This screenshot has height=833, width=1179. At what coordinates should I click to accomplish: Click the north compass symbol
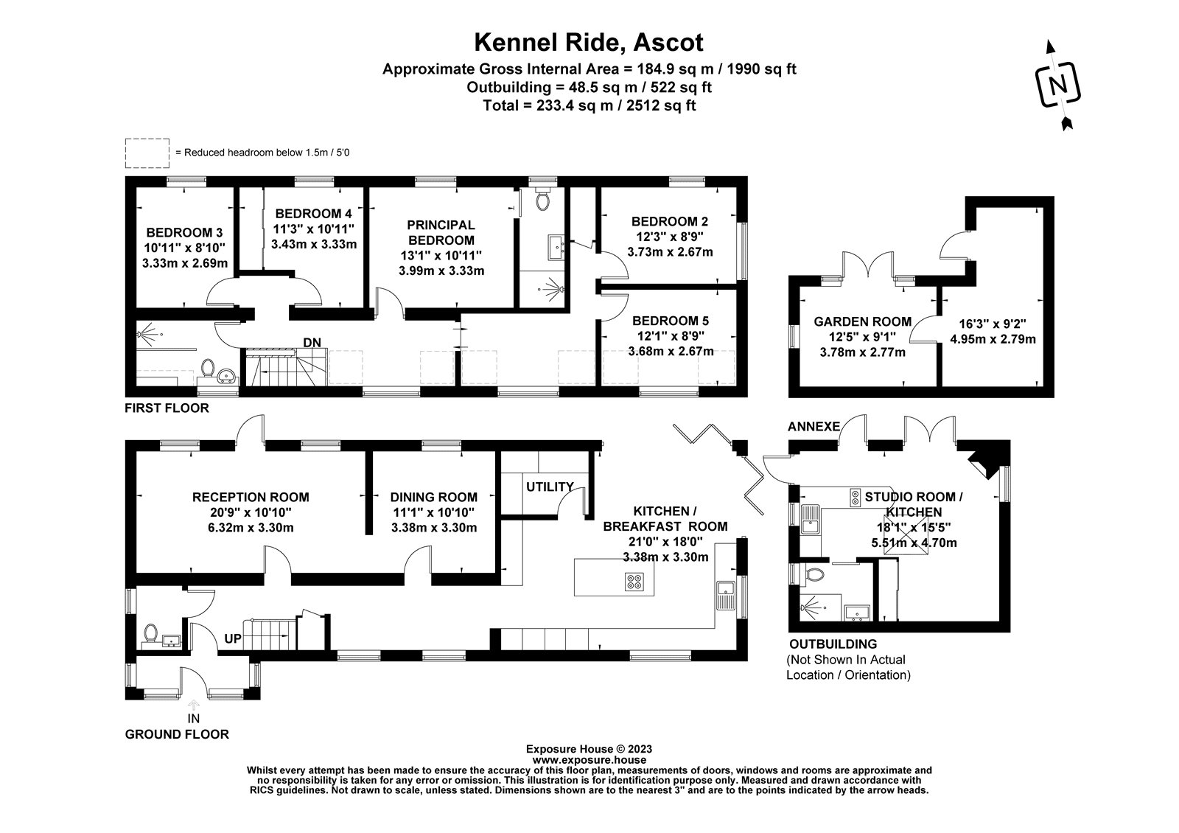coord(1060,85)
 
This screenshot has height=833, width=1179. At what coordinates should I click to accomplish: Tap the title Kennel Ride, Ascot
coord(589,42)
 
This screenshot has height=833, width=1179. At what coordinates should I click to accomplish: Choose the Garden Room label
coord(862,321)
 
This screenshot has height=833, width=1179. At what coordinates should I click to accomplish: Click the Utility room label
coord(550,487)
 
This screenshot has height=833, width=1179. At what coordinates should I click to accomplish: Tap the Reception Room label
coord(251,497)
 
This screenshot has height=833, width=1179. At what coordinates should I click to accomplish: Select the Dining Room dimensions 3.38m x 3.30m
coord(433,527)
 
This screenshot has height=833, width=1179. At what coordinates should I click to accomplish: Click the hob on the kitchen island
coord(634,582)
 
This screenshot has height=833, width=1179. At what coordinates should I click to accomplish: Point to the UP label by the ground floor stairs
coord(233,638)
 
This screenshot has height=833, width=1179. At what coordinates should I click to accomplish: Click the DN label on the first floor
coord(311,342)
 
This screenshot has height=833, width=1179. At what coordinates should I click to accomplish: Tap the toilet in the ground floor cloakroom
coord(151,632)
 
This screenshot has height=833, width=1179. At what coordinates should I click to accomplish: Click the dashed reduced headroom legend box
coord(147,153)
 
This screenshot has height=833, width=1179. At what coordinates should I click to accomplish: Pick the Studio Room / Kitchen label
coord(914,504)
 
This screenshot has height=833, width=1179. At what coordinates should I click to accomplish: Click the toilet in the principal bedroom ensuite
coord(544,201)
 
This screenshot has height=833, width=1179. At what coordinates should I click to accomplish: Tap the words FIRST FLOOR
coord(167,408)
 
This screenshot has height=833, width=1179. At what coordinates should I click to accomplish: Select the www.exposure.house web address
coord(589,759)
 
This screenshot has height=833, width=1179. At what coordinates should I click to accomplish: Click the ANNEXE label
coord(814,426)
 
